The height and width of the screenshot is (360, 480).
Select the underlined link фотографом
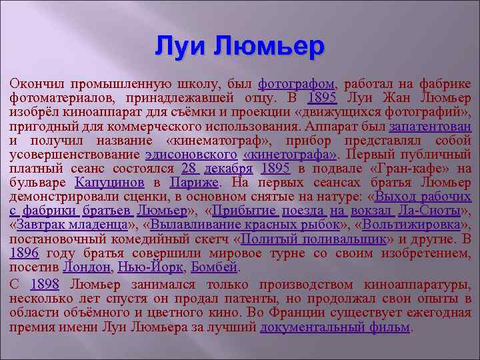click(297, 84)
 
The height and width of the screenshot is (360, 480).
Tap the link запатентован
click(430, 126)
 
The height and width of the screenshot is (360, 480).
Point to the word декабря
click(229, 168)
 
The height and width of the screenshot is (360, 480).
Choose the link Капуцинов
click(110, 182)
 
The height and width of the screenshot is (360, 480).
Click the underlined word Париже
click(195, 182)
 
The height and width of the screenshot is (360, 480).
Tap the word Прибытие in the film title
click(244, 211)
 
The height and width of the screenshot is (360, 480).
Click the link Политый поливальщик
click(313, 239)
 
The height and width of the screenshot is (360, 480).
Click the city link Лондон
click(86, 267)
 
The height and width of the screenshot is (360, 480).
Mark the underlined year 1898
click(44, 285)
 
